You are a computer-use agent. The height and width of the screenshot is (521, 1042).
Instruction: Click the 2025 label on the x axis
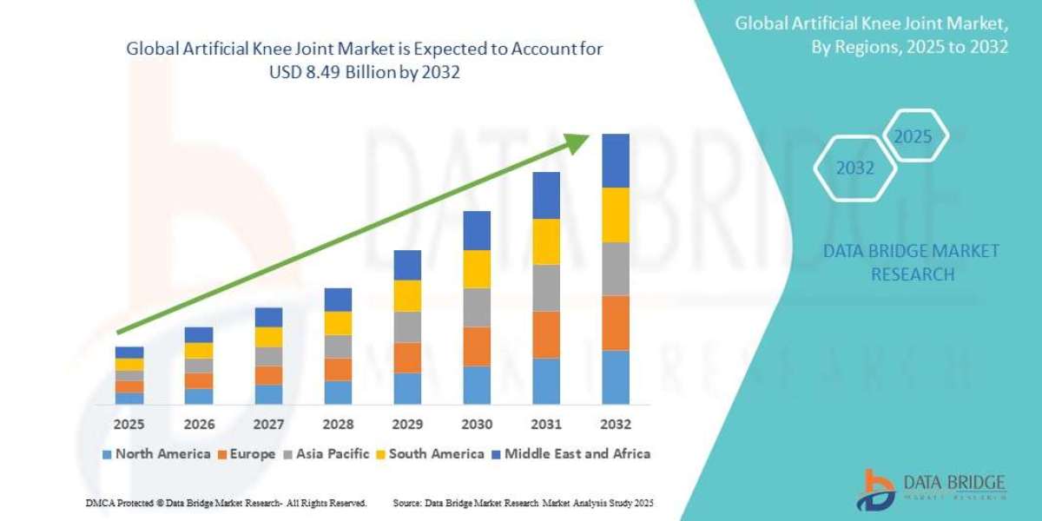click(129, 425)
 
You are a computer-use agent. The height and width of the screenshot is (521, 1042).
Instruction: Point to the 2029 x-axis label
click(407, 425)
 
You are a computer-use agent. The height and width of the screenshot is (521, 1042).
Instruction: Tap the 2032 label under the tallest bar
click(616, 425)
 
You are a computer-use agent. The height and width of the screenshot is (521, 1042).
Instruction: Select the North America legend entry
click(156, 453)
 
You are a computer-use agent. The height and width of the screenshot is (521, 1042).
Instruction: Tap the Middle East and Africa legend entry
click(571, 453)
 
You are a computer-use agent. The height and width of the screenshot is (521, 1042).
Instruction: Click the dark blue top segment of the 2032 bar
click(616, 161)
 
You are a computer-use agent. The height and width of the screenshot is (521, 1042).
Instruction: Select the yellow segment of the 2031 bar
click(546, 241)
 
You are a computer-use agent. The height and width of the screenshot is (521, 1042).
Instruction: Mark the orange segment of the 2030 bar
click(477, 346)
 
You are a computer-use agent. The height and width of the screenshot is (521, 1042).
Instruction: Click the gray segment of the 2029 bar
click(407, 326)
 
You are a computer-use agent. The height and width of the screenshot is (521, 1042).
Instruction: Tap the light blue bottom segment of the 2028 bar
click(338, 392)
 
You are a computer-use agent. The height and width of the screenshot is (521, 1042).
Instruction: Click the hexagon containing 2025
click(913, 136)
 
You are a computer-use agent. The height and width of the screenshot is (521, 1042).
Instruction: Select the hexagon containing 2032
click(854, 168)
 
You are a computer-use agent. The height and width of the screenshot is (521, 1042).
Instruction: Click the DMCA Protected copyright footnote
click(226, 503)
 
